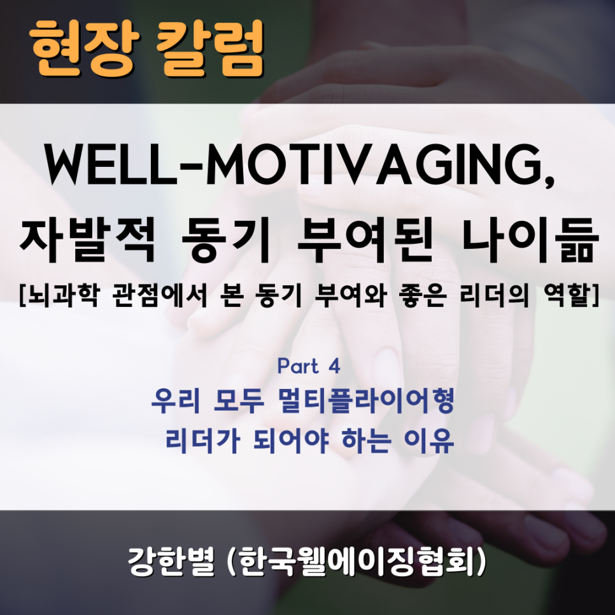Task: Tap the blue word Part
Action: pyautogui.click(x=298, y=366)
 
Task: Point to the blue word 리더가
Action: pyautogui.click(x=197, y=441)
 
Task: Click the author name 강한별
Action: pyautogui.click(x=171, y=562)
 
